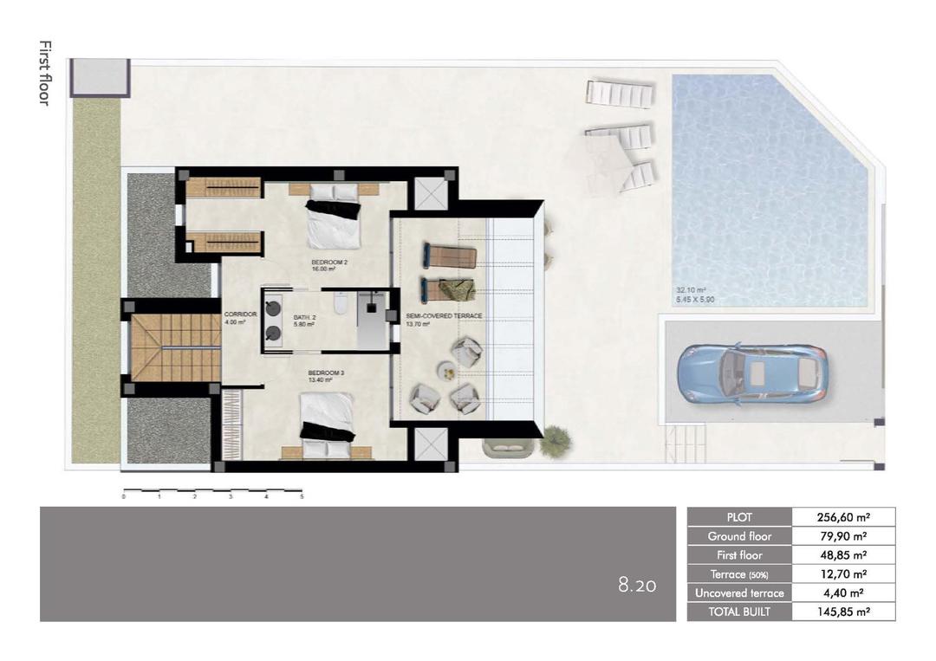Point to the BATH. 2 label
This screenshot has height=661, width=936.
pos(303,315)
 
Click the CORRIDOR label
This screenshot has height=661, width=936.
pos(240,314)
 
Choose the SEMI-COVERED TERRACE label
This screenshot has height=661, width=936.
pos(444,316)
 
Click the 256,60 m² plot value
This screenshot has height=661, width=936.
pos(842,517)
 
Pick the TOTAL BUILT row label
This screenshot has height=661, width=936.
pos(739,612)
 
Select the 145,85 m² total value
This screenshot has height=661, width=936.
pos(842,612)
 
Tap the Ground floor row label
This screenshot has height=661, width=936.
pos(739,536)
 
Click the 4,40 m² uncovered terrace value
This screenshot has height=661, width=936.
pos(842,593)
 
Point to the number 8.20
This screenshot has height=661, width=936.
pos(637,586)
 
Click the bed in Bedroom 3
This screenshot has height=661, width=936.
pos(328,423)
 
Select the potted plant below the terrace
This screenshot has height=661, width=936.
pos(555,441)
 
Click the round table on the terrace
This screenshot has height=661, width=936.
pos(446,371)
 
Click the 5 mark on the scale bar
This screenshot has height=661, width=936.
pos(302,497)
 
